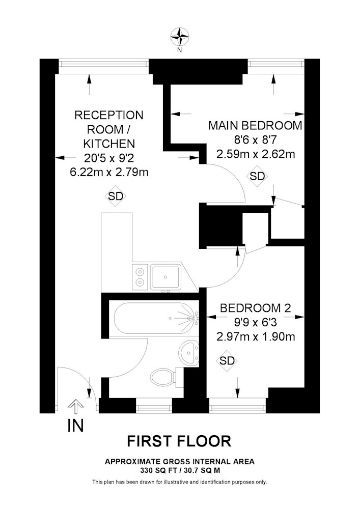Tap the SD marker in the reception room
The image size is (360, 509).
coord(116,196)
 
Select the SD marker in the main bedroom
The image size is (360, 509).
coord(258,177)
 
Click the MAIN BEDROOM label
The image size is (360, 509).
coord(255,125)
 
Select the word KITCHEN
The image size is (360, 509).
coord(109,144)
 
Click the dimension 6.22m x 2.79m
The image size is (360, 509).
coord(109,172)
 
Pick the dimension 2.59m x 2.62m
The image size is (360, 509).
coord(255,154)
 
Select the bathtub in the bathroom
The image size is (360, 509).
coord(153,319)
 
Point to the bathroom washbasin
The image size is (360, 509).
coord(189,352)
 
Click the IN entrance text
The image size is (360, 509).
coord(75,426)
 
